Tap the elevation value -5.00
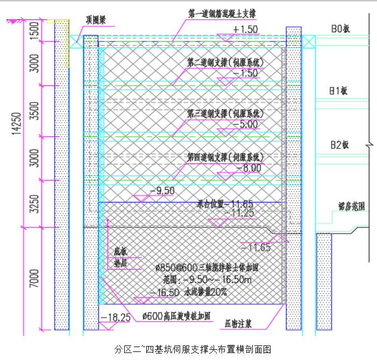[245, 124]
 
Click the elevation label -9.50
[163, 191]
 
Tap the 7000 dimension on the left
[34, 278]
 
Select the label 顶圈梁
[98, 19]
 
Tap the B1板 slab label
[338, 91]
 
